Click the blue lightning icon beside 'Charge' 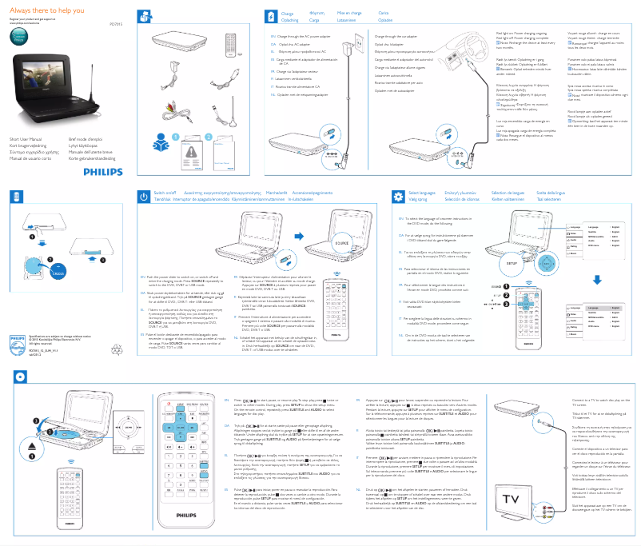269,17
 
